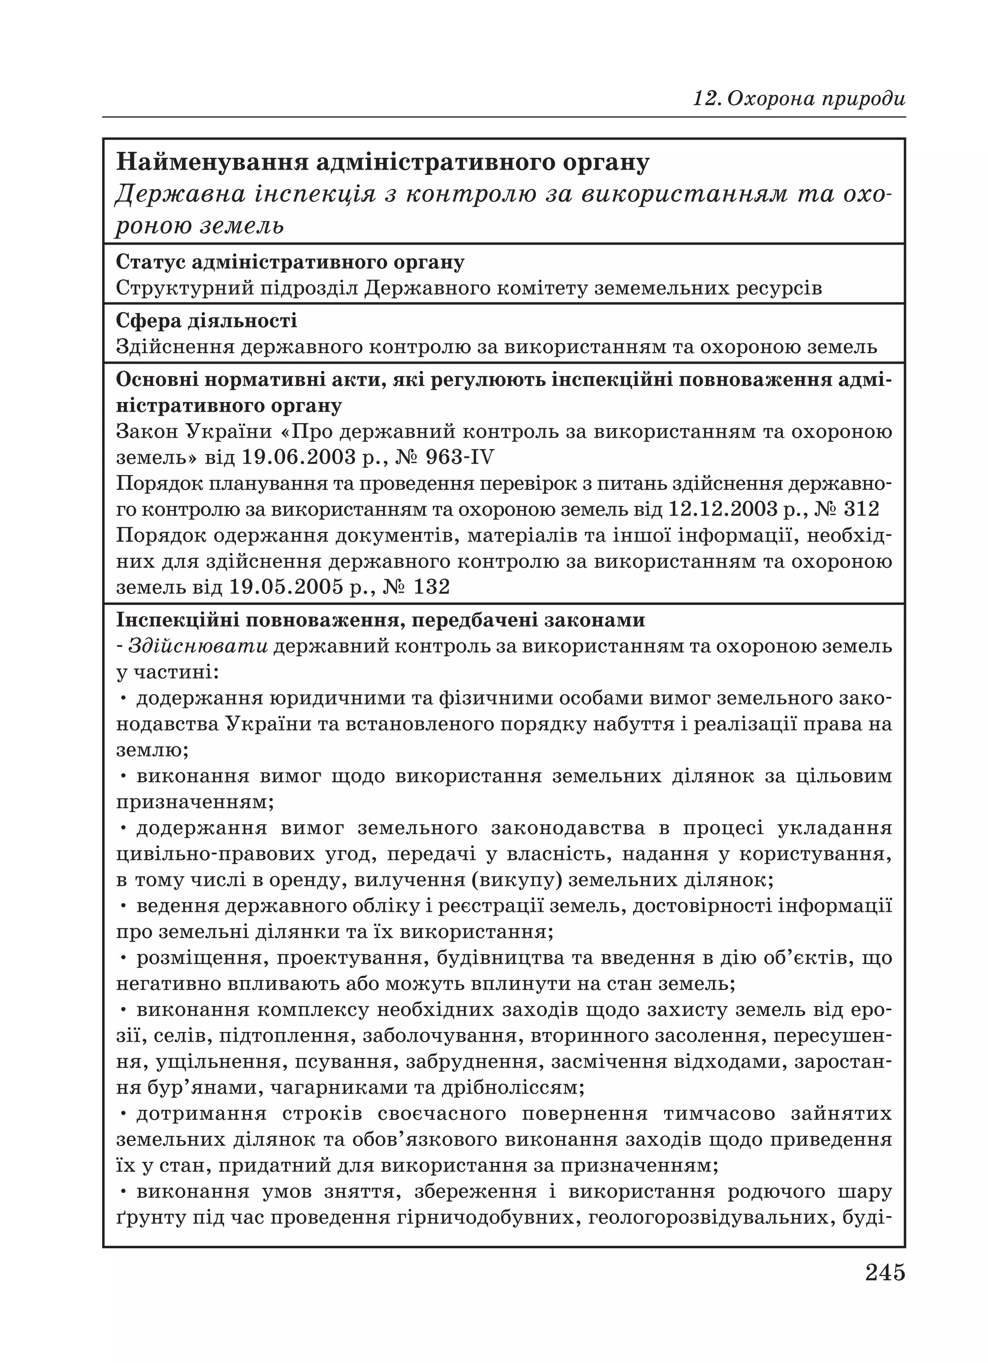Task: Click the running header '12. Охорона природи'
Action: [799, 98]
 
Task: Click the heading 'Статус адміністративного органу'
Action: [289, 262]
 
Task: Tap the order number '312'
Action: [861, 509]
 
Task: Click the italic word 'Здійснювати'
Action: [198, 646]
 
